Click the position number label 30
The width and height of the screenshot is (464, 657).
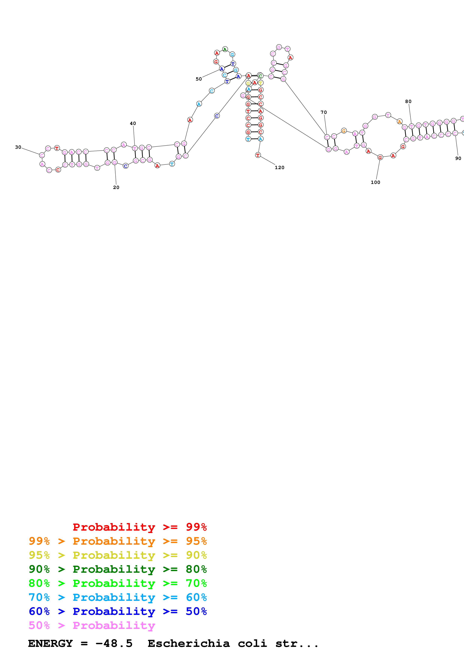[18, 147]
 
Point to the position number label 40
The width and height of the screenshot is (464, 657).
[133, 123]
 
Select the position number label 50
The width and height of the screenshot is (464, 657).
[199, 79]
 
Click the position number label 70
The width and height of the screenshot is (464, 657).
[324, 112]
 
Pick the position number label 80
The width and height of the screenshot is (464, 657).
[408, 101]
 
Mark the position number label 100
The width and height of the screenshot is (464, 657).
[375, 182]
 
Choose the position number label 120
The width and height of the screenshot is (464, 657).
[280, 167]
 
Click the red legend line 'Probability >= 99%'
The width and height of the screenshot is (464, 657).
[139, 527]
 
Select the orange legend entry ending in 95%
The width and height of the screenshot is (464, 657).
[118, 541]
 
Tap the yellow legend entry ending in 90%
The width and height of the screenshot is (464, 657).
[118, 555]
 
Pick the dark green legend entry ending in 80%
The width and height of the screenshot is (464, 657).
[118, 569]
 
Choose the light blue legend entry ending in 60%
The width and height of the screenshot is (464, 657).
[118, 597]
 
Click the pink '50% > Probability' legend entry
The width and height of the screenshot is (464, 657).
[92, 625]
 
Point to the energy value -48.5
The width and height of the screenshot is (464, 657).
[114, 644]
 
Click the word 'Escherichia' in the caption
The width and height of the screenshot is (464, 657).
[189, 644]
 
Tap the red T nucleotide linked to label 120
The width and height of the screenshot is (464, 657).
[258, 155]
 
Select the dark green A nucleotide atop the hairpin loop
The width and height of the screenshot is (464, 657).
[225, 49]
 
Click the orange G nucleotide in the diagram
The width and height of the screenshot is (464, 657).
[344, 131]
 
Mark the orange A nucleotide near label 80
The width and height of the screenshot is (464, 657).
[399, 122]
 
